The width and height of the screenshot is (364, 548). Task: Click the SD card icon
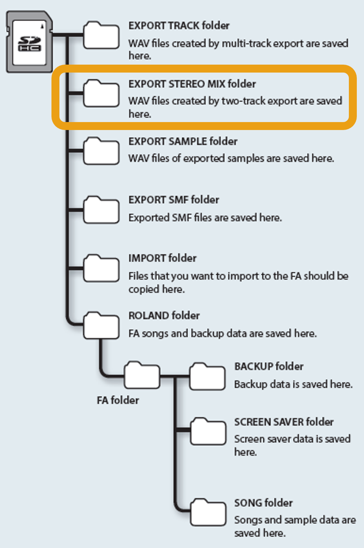click(x=29, y=42)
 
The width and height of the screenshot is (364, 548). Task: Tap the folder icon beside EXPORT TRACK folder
click(x=101, y=36)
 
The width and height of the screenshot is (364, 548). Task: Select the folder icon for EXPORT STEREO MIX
click(x=101, y=93)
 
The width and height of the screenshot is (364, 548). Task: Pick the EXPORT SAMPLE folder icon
click(x=101, y=151)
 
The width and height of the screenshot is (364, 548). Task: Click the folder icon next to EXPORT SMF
click(x=101, y=210)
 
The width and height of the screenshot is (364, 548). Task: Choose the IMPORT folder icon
click(x=101, y=268)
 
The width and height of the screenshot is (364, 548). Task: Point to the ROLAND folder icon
click(x=101, y=326)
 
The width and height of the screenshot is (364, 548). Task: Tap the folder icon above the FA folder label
click(x=142, y=375)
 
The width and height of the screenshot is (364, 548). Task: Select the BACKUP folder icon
click(x=207, y=377)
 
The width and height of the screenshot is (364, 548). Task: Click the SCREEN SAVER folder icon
click(x=208, y=431)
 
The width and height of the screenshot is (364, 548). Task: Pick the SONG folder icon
click(x=208, y=512)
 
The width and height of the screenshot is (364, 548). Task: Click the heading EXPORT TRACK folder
click(x=179, y=26)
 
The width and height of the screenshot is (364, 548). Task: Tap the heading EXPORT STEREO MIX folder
click(x=192, y=84)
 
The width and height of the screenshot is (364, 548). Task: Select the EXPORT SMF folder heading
click(x=174, y=200)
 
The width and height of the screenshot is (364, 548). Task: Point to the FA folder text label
click(x=118, y=400)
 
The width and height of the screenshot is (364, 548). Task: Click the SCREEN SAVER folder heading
click(x=284, y=422)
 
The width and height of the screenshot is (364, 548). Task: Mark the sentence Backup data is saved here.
click(x=293, y=384)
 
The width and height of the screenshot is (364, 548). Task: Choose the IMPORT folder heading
click(x=162, y=258)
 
